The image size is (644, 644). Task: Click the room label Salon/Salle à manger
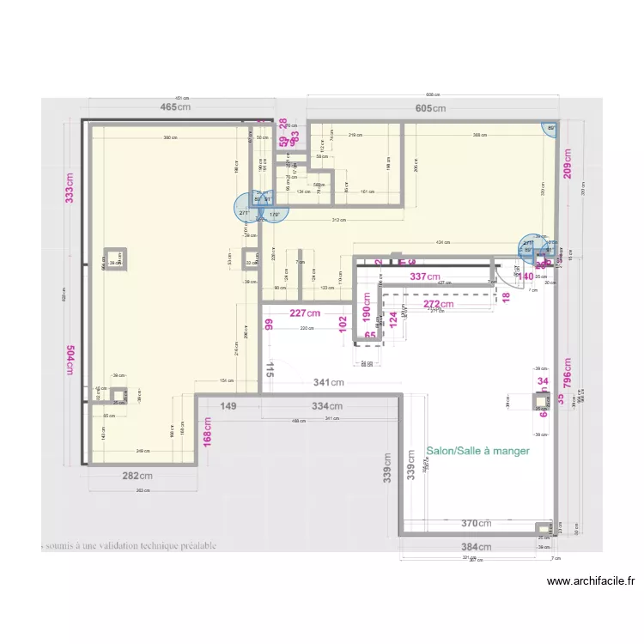pos(478,450)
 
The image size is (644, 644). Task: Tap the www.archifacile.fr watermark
pos(591,581)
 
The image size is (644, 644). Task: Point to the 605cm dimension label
pos(431,108)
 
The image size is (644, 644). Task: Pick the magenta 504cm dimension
pos(70,359)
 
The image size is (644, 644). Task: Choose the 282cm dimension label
pos(137,476)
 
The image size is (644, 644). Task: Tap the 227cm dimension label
pos(304,313)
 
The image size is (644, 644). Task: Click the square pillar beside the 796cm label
pos(542,399)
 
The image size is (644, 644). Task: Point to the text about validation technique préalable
pos(129,545)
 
